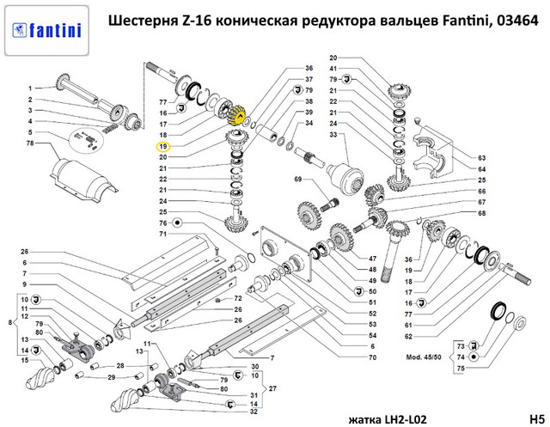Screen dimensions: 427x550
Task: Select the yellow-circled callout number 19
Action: tap(162, 146)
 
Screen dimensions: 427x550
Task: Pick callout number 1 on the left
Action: tap(28, 88)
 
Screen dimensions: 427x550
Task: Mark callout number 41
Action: tap(333, 68)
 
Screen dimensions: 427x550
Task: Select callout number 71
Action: tap(162, 233)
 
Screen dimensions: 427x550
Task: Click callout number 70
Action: tap(372, 357)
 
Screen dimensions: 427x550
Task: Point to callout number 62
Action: tap(408, 337)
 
